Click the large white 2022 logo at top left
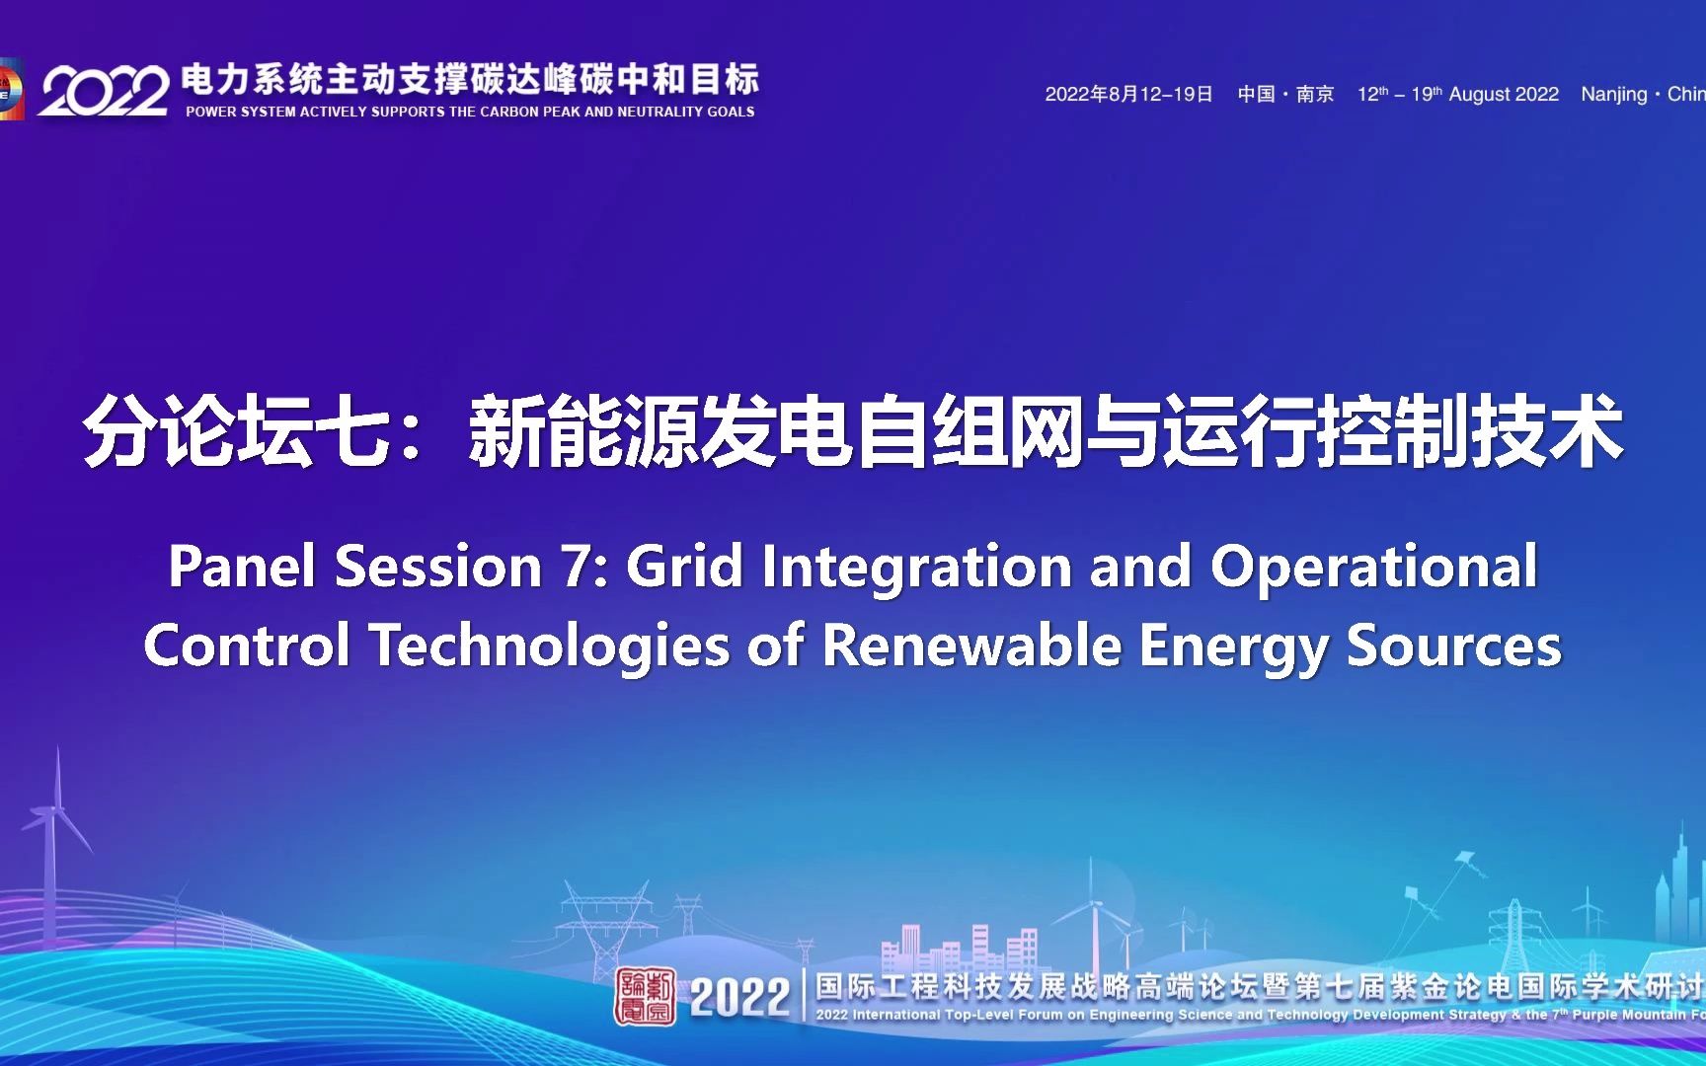pos(104,92)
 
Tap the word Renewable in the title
pos(971,646)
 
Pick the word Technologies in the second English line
pos(551,647)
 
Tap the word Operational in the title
pos(1373,568)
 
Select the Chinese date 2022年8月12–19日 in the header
pos(1128,94)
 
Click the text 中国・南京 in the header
pos(1285,94)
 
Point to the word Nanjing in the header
pos(1614,95)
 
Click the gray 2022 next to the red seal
pos(739,997)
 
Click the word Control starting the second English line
pos(248,646)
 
